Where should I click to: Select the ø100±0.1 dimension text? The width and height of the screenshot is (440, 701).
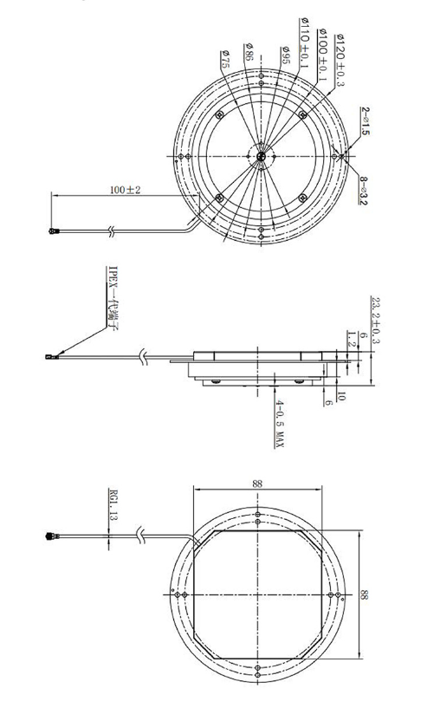point(324,54)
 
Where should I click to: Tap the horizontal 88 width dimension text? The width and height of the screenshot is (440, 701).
point(258,484)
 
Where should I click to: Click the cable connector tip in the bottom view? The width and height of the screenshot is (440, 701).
point(49,536)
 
